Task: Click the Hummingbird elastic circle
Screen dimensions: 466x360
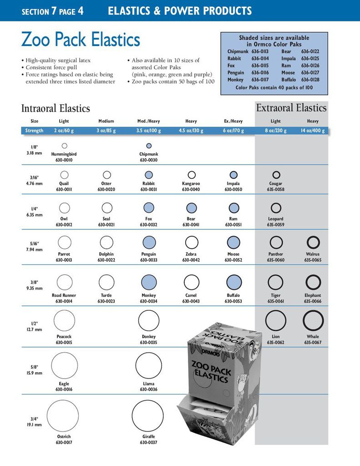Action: click(x=64, y=146)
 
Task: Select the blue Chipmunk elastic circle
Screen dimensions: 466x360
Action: click(x=149, y=146)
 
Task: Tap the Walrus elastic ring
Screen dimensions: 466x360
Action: click(x=313, y=242)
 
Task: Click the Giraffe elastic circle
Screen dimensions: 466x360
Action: click(x=147, y=416)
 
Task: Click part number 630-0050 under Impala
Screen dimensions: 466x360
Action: click(x=233, y=189)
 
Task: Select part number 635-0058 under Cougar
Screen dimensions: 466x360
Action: click(x=275, y=189)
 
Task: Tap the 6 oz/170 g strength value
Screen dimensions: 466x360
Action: click(x=233, y=131)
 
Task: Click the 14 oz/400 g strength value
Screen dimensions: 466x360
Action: click(x=313, y=131)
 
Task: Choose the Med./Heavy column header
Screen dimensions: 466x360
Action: click(x=149, y=121)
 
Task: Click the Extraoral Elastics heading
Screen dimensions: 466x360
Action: click(x=291, y=108)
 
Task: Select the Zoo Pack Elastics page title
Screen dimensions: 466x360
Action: click(x=81, y=40)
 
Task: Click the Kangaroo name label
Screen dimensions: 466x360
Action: click(x=191, y=184)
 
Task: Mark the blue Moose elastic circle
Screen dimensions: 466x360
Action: click(x=233, y=242)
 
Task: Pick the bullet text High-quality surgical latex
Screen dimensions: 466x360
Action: click(x=58, y=61)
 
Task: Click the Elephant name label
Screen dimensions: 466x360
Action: click(x=313, y=295)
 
